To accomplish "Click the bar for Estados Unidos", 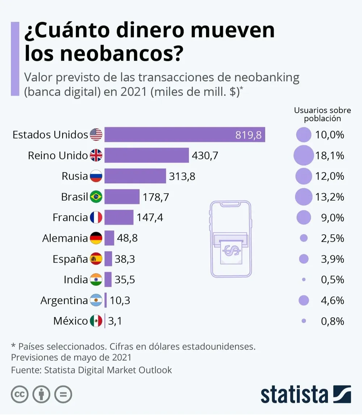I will tap(185, 135).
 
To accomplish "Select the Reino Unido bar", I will tap(147, 155).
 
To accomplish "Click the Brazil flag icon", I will tap(96, 197).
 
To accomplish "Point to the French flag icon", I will tap(96, 218).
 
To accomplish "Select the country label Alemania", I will tap(65, 238).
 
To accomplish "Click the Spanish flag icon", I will tap(96, 259).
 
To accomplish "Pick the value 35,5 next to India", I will tap(125, 280).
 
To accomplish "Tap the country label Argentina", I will tap(64, 300).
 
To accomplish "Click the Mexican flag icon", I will tap(96, 321).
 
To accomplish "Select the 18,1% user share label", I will tap(329, 156).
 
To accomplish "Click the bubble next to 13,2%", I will tap(303, 197).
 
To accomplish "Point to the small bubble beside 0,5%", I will tap(304, 280).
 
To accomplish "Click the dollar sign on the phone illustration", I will tap(231, 250).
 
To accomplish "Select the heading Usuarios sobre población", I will tap(322, 114).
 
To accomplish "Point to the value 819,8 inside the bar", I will tap(248, 135).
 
